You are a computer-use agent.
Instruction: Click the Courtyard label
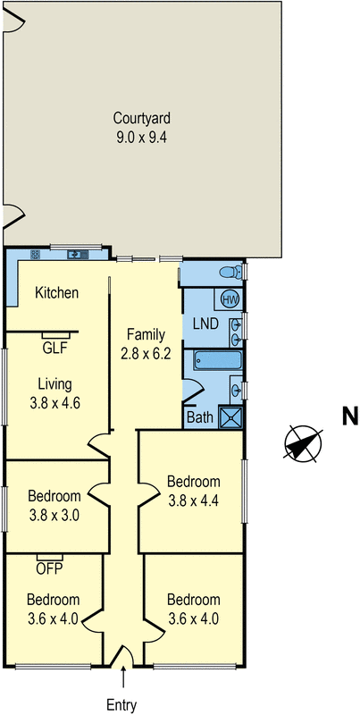(141, 117)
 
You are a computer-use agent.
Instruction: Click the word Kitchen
(57, 292)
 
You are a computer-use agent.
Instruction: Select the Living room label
(54, 384)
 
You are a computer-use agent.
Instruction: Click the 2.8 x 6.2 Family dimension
(146, 355)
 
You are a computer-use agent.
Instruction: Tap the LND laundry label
(206, 323)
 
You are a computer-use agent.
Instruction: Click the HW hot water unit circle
(230, 299)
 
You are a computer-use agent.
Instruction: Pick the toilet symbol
(229, 271)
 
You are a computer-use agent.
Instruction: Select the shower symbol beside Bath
(231, 416)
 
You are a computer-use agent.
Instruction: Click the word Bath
(199, 416)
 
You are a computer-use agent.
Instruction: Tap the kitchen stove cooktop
(36, 254)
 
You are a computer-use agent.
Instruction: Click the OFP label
(48, 567)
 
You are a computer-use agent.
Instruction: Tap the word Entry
(121, 705)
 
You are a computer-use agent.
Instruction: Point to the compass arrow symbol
(303, 444)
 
